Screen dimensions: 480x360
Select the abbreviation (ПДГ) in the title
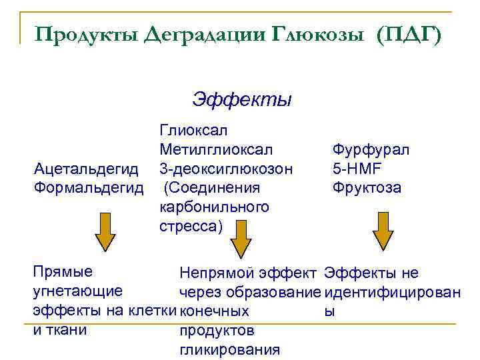point(408,33)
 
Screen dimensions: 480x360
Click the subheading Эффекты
point(241,100)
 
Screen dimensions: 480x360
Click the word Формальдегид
point(89,187)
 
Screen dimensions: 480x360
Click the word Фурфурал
point(371,149)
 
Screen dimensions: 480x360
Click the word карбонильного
point(214,207)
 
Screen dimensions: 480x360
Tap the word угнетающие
point(77,291)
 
